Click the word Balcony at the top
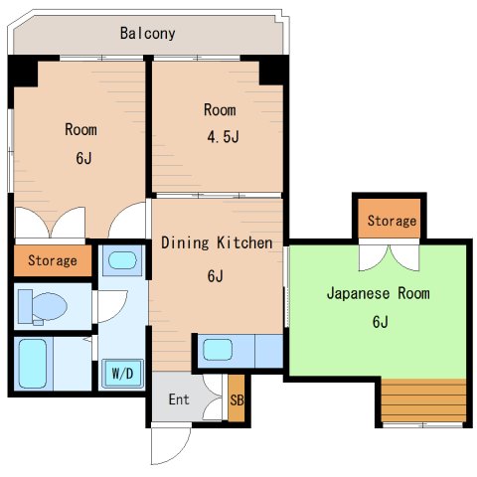point(147,33)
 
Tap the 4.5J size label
point(223,136)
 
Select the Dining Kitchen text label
point(217,242)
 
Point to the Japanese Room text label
point(379,293)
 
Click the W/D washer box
point(121,374)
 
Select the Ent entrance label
point(179,399)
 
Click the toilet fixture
point(45,305)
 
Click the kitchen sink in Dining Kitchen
point(219,350)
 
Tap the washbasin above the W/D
point(121,262)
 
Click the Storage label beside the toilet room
point(52,260)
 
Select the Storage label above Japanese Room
point(391,221)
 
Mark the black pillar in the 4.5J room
point(272,71)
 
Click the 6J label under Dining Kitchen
point(215,276)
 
